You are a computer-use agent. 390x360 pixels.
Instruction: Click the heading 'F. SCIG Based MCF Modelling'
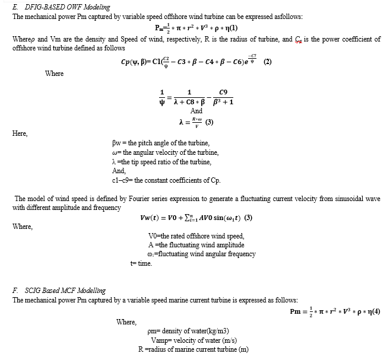click(59, 291)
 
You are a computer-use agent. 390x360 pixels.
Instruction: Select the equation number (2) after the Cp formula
click(267, 62)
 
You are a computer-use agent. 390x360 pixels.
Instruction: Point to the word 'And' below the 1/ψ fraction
click(196, 111)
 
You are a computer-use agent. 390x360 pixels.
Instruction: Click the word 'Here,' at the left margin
click(20, 133)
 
